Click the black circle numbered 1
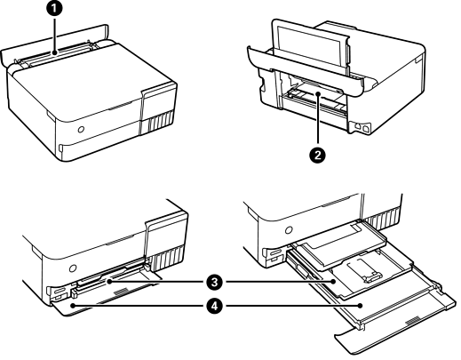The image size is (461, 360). (54, 9)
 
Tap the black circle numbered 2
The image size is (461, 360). (318, 155)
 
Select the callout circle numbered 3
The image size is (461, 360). (214, 282)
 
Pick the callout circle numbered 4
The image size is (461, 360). (214, 306)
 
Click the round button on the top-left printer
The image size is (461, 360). (81, 129)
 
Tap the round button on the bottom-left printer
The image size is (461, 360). (72, 268)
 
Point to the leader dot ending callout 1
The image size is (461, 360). (54, 53)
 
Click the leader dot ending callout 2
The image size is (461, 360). (318, 94)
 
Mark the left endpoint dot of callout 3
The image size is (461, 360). (109, 282)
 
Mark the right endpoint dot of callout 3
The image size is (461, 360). (334, 282)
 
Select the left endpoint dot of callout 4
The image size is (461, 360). (73, 306)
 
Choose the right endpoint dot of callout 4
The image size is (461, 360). (361, 306)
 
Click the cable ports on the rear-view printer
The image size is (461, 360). (362, 126)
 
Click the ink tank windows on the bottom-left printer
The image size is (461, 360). (166, 257)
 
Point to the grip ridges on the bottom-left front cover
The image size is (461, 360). (121, 292)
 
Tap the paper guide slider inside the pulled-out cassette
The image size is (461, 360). (371, 278)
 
